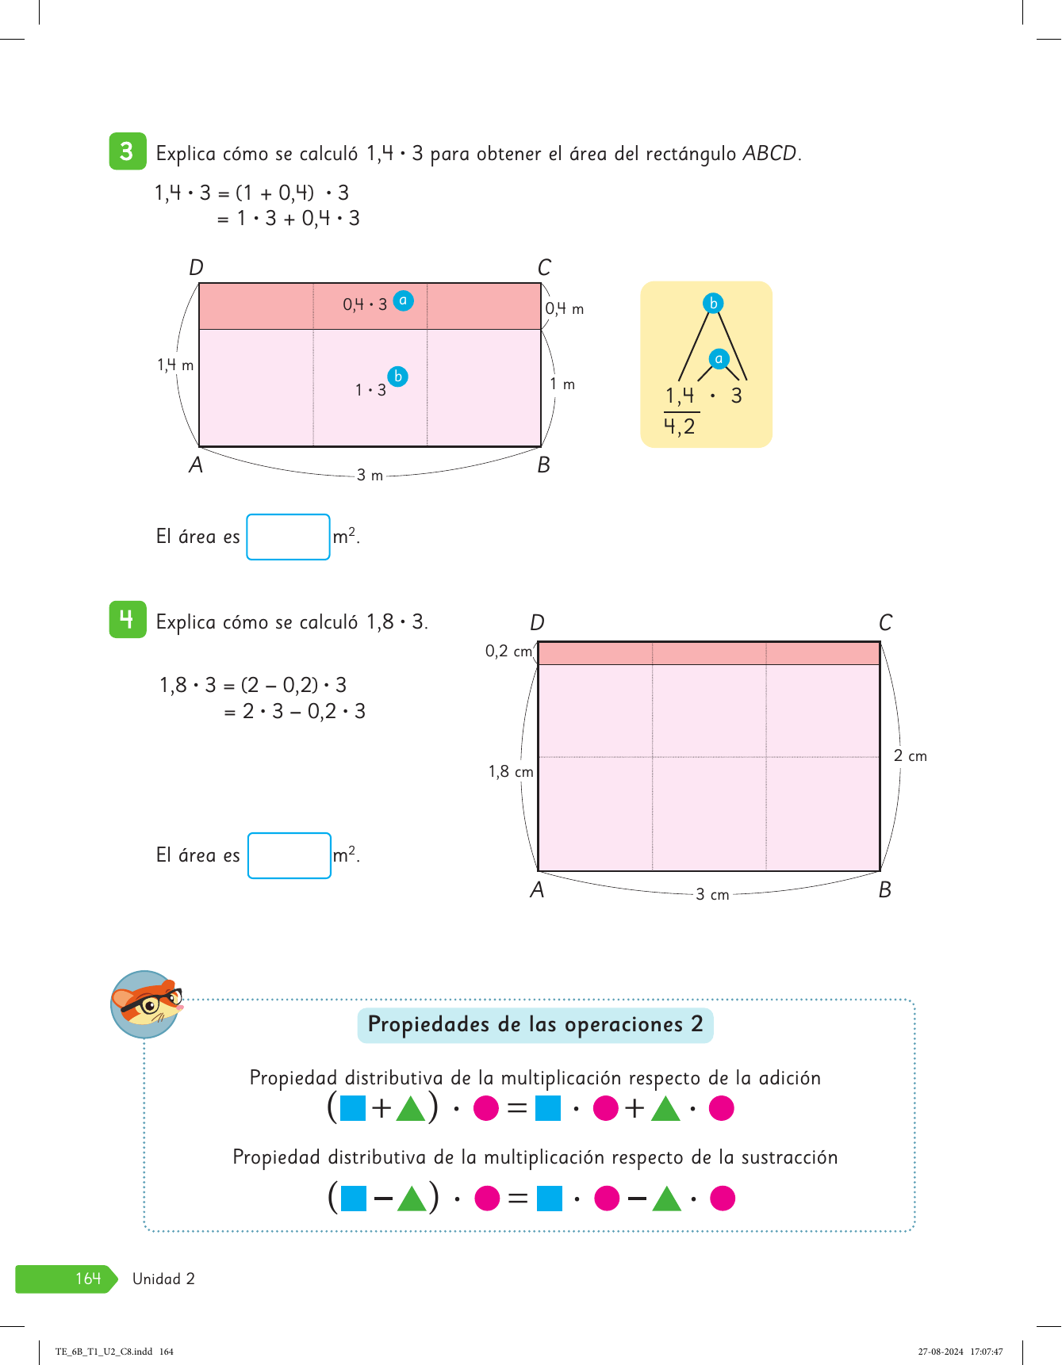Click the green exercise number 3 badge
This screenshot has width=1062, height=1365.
tap(127, 151)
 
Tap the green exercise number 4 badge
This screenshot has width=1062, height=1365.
tap(127, 620)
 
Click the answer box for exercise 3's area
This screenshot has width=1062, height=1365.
tap(288, 537)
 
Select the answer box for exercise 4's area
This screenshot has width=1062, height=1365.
tap(289, 856)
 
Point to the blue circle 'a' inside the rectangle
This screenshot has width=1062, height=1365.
tap(403, 300)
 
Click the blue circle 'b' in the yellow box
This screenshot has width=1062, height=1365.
tap(713, 303)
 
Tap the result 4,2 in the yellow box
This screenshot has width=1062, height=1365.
tap(679, 427)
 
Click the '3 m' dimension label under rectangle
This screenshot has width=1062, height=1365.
tap(370, 476)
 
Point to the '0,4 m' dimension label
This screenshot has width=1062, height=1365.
tap(564, 309)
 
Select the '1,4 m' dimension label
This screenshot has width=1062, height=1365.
tap(175, 365)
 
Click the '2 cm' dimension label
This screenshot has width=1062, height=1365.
tap(910, 756)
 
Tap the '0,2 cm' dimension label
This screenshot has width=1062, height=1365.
tap(508, 652)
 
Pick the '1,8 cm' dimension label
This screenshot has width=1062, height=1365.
tap(511, 772)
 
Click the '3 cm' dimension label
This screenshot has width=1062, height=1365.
tap(712, 895)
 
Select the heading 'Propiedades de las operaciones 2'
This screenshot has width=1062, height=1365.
tap(535, 1025)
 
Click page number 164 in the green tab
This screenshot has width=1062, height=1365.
tap(88, 1279)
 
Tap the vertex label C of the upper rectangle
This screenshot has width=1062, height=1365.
tap(544, 268)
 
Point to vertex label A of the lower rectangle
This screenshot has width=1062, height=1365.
tap(537, 890)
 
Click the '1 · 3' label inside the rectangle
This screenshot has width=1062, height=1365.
tap(370, 390)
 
